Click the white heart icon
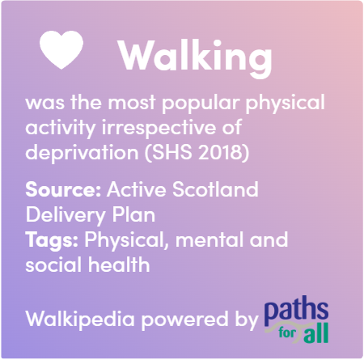click(61, 49)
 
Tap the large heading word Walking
click(195, 57)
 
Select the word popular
click(201, 104)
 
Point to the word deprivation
click(82, 152)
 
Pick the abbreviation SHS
click(172, 152)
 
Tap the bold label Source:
click(63, 189)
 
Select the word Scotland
click(215, 188)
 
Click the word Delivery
click(66, 215)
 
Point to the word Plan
click(133, 214)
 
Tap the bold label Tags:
click(52, 240)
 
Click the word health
click(119, 265)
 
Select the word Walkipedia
click(80, 320)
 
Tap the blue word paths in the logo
click(296, 311)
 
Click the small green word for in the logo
click(287, 332)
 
